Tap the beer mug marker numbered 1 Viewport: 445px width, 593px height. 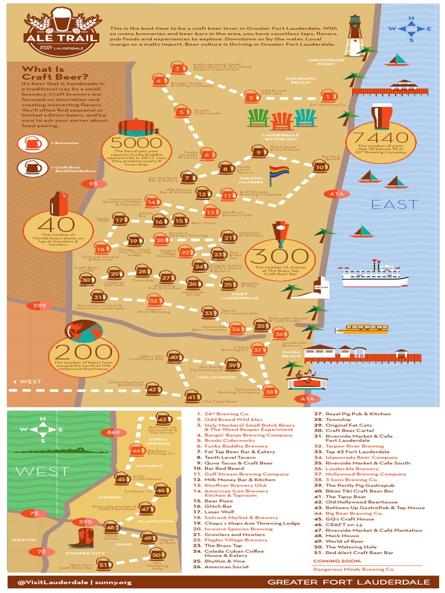tap(329, 96)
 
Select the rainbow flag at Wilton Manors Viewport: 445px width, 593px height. tap(279, 172)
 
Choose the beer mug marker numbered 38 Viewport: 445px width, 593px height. tap(270, 391)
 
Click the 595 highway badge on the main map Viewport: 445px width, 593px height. tap(39, 305)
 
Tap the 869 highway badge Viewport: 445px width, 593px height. tap(110, 432)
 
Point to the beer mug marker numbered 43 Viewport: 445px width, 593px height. tap(164, 419)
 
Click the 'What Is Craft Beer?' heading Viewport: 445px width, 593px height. tap(55, 74)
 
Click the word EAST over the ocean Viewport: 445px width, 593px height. tap(394, 204)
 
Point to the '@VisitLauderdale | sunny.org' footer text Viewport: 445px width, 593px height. tap(74, 581)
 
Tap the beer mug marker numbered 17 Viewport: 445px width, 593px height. tap(120, 219)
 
